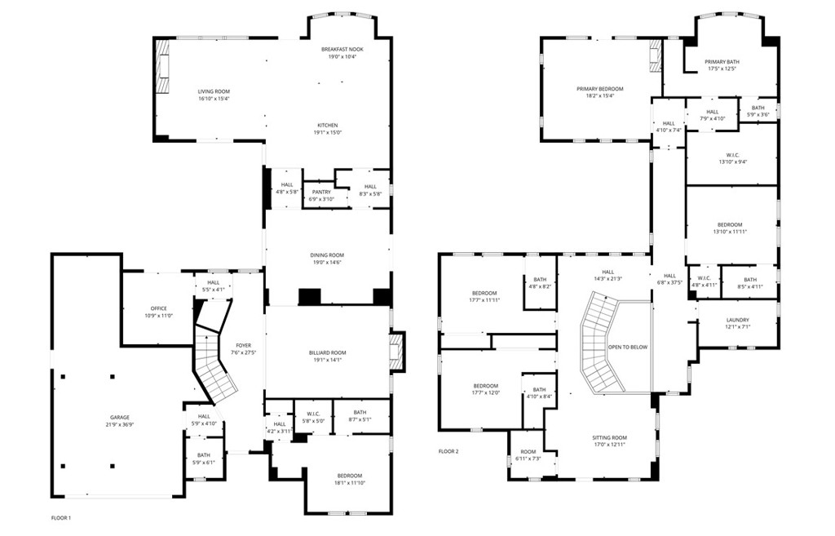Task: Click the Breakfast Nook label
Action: point(342,49)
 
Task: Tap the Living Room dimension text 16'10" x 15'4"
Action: point(214,99)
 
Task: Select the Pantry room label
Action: point(321,193)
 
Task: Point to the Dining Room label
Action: point(327,255)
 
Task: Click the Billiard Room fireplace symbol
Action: point(397,351)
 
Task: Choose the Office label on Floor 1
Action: point(158,308)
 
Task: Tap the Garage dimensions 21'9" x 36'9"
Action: point(120,425)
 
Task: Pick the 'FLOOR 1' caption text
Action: point(60,518)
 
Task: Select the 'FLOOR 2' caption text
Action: point(448,451)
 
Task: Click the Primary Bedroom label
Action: point(599,89)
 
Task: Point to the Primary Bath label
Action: point(722,62)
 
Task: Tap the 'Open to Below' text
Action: point(628,348)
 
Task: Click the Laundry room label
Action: point(737,321)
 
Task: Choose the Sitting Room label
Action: point(609,437)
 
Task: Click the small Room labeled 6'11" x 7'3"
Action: point(528,452)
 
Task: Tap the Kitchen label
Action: point(327,125)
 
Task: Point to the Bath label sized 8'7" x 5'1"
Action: point(360,412)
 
